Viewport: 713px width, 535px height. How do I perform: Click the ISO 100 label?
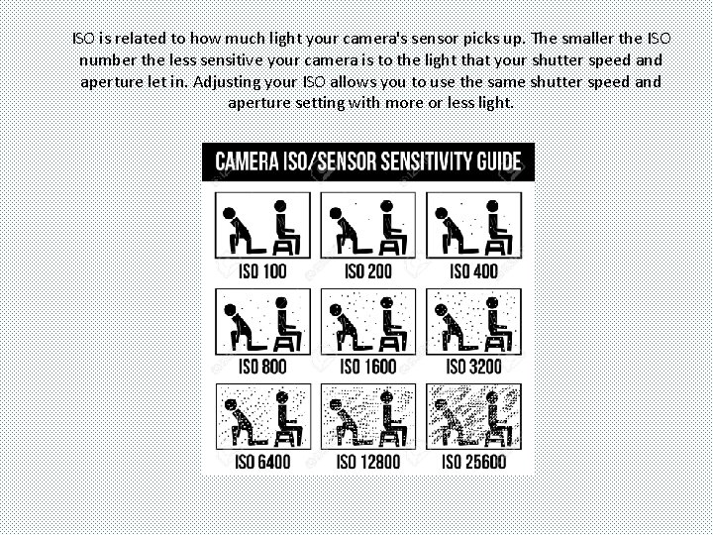click(263, 271)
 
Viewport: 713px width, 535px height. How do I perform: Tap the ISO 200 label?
click(368, 271)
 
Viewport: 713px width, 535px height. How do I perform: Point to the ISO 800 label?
click(263, 367)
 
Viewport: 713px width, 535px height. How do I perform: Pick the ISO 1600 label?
click(368, 367)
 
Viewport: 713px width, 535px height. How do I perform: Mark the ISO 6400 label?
click(263, 462)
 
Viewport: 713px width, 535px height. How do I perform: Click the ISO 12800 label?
click(368, 462)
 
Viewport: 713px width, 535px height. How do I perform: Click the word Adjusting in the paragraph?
click(232, 81)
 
